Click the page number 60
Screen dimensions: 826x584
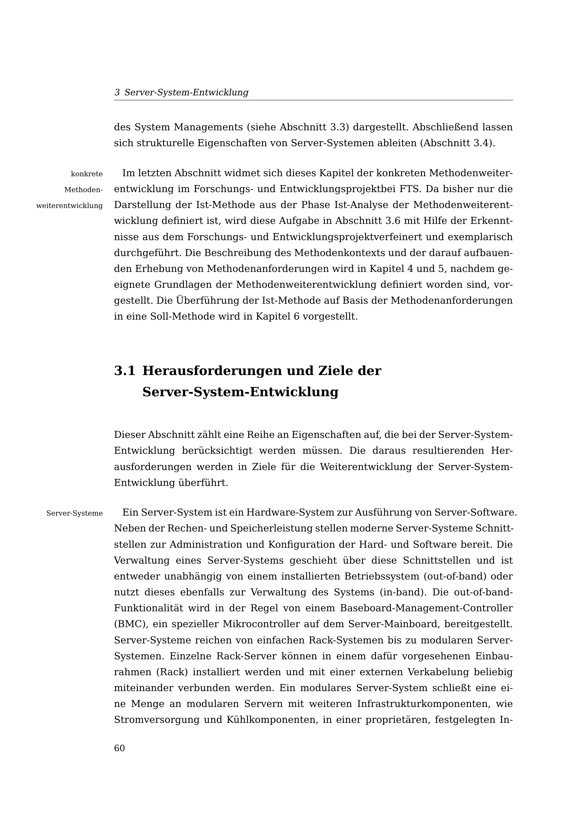pyautogui.click(x=119, y=748)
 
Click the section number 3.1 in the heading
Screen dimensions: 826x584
pyautogui.click(x=124, y=371)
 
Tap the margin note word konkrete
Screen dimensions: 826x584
pyautogui.click(x=87, y=174)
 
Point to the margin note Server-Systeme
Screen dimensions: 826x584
pyautogui.click(x=75, y=513)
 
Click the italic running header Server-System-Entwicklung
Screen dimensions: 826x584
pyautogui.click(x=186, y=93)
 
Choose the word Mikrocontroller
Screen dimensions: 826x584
pyautogui.click(x=262, y=624)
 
